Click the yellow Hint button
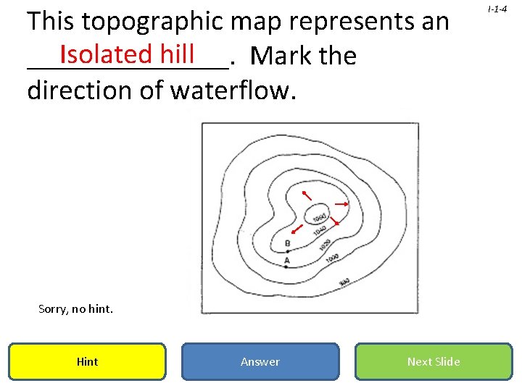(87, 361)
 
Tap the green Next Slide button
(434, 361)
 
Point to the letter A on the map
(287, 259)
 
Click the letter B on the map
(288, 243)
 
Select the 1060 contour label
(318, 216)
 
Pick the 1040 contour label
(320, 230)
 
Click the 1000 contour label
(332, 258)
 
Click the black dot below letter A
(287, 266)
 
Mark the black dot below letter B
(288, 251)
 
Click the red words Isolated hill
(127, 53)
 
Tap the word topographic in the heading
(152, 22)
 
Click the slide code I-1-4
(497, 9)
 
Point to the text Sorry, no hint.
(75, 309)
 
